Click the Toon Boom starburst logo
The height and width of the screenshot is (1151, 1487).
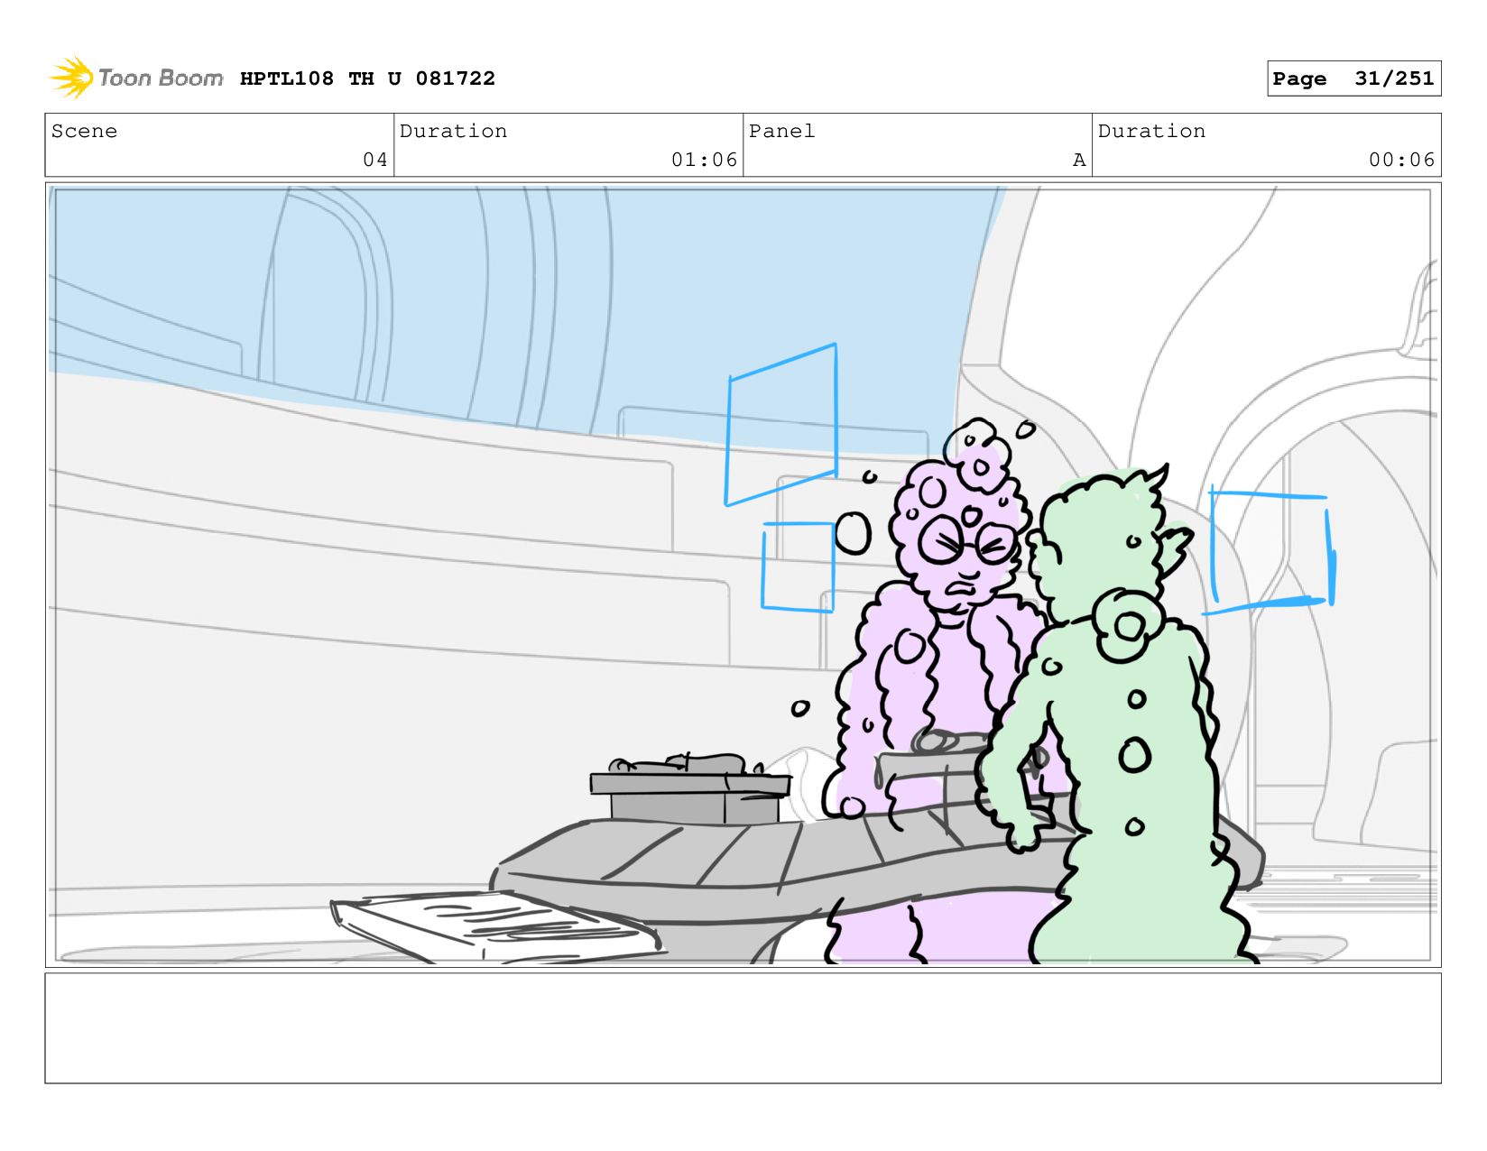[x=72, y=78]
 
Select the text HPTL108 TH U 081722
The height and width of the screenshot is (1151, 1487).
[x=367, y=78]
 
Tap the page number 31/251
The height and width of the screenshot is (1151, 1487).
[x=1394, y=78]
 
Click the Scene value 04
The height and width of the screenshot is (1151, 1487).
[x=375, y=160]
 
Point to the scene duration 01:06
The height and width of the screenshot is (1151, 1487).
[x=704, y=160]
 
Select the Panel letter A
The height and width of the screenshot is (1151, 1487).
[x=1079, y=160]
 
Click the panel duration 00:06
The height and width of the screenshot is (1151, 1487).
[x=1401, y=160]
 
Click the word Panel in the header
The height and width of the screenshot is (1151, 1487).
[x=781, y=131]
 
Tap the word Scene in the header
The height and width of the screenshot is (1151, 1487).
[x=84, y=131]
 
